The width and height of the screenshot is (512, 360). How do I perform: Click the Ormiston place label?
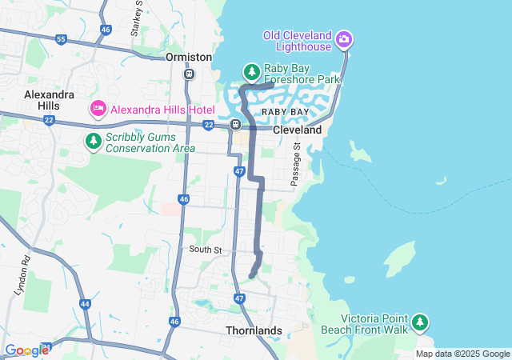(x=189, y=57)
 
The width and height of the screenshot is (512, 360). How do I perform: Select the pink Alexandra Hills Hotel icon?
(x=98, y=108)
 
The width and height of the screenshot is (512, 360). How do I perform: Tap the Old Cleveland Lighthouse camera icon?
(x=344, y=39)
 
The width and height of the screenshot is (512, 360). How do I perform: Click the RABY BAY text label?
(x=285, y=113)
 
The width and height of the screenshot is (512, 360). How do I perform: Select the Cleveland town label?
(x=297, y=130)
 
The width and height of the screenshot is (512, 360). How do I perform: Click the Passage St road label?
(x=295, y=165)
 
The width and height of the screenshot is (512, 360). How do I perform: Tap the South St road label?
(x=205, y=250)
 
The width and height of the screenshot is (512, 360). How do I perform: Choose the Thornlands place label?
(x=254, y=330)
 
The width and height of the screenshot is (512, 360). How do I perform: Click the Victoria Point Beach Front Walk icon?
(x=419, y=322)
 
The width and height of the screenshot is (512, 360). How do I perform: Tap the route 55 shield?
(x=61, y=38)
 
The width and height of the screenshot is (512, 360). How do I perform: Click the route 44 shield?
(x=86, y=304)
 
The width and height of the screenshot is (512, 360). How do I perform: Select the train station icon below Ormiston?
(x=189, y=74)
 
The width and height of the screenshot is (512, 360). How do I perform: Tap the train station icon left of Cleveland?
(x=236, y=125)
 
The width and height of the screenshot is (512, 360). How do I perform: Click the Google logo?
(x=27, y=350)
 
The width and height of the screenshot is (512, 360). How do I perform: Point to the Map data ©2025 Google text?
(x=462, y=354)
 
